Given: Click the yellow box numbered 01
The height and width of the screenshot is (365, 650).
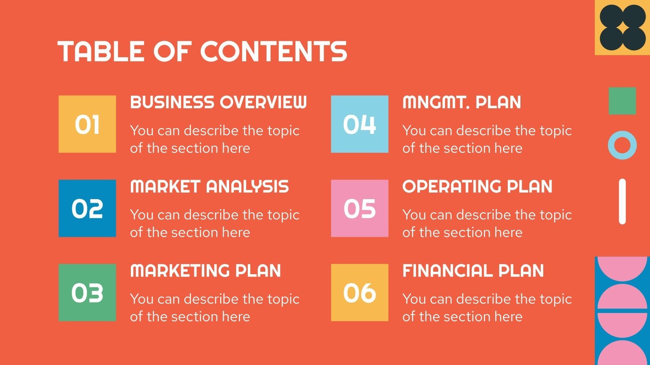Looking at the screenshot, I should pos(87,124).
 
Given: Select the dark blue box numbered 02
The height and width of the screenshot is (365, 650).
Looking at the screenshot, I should pos(87,208).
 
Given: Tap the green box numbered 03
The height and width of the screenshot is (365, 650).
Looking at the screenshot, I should pos(87,292).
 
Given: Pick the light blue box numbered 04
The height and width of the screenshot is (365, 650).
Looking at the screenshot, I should pos(360,124).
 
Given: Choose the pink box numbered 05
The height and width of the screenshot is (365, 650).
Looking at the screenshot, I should pos(360,208).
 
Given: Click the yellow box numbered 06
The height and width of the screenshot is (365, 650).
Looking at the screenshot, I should pos(360,292).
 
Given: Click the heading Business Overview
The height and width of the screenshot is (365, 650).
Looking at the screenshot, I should pos(218,102).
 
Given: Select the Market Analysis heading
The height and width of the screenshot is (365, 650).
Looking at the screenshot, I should pos(209,187).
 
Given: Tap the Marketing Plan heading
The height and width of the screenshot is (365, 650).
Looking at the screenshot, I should pos(206,271).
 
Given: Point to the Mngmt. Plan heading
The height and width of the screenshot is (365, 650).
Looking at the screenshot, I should pos(461,102).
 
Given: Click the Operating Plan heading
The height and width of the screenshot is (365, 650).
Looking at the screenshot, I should pos(477,187).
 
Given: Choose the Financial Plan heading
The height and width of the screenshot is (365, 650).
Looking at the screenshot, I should pos(473,271).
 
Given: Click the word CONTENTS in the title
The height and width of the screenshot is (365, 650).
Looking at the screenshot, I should pos(273,52).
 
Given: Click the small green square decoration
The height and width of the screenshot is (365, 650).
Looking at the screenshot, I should pos(622,101).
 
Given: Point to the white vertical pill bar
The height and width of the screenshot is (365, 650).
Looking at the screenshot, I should pos(622,202).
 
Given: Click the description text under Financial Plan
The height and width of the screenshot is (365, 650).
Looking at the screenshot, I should pos(487,307).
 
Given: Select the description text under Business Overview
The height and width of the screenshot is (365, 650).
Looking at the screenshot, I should pos(214,139).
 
